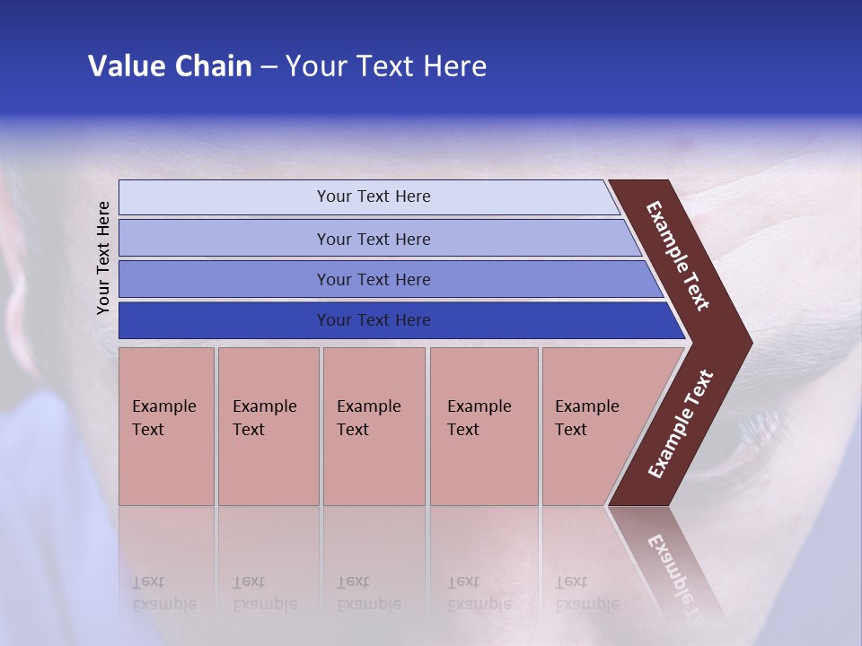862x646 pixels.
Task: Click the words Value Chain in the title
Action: tap(170, 66)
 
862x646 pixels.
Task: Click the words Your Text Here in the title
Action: tap(386, 66)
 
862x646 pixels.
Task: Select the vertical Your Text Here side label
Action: tap(103, 258)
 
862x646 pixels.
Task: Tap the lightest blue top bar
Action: tap(373, 196)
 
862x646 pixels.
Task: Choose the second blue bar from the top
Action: tap(373, 239)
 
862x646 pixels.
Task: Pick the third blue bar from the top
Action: tap(373, 279)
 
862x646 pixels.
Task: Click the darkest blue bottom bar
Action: tap(373, 320)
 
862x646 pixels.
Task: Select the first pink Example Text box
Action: tap(166, 426)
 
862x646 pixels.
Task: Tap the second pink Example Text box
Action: tap(268, 426)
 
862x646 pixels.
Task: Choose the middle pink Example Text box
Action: tap(374, 426)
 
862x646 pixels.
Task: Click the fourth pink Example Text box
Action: tap(484, 426)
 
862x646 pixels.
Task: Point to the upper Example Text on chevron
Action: tap(678, 256)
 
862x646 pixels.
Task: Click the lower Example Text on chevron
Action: tap(680, 424)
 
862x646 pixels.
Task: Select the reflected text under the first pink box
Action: tap(163, 593)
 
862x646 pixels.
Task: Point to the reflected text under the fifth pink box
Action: tap(586, 593)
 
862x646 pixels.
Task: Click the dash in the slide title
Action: tap(268, 67)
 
